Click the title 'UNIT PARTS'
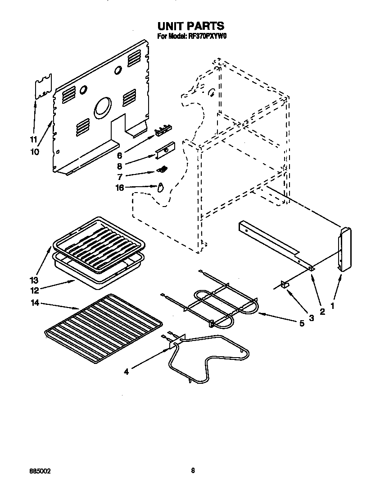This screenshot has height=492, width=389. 190,26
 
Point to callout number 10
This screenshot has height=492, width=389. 35,152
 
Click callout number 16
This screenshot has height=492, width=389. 120,188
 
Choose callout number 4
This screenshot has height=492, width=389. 127,372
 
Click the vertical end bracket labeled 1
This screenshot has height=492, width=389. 345,249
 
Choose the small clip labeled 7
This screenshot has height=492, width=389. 163,170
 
